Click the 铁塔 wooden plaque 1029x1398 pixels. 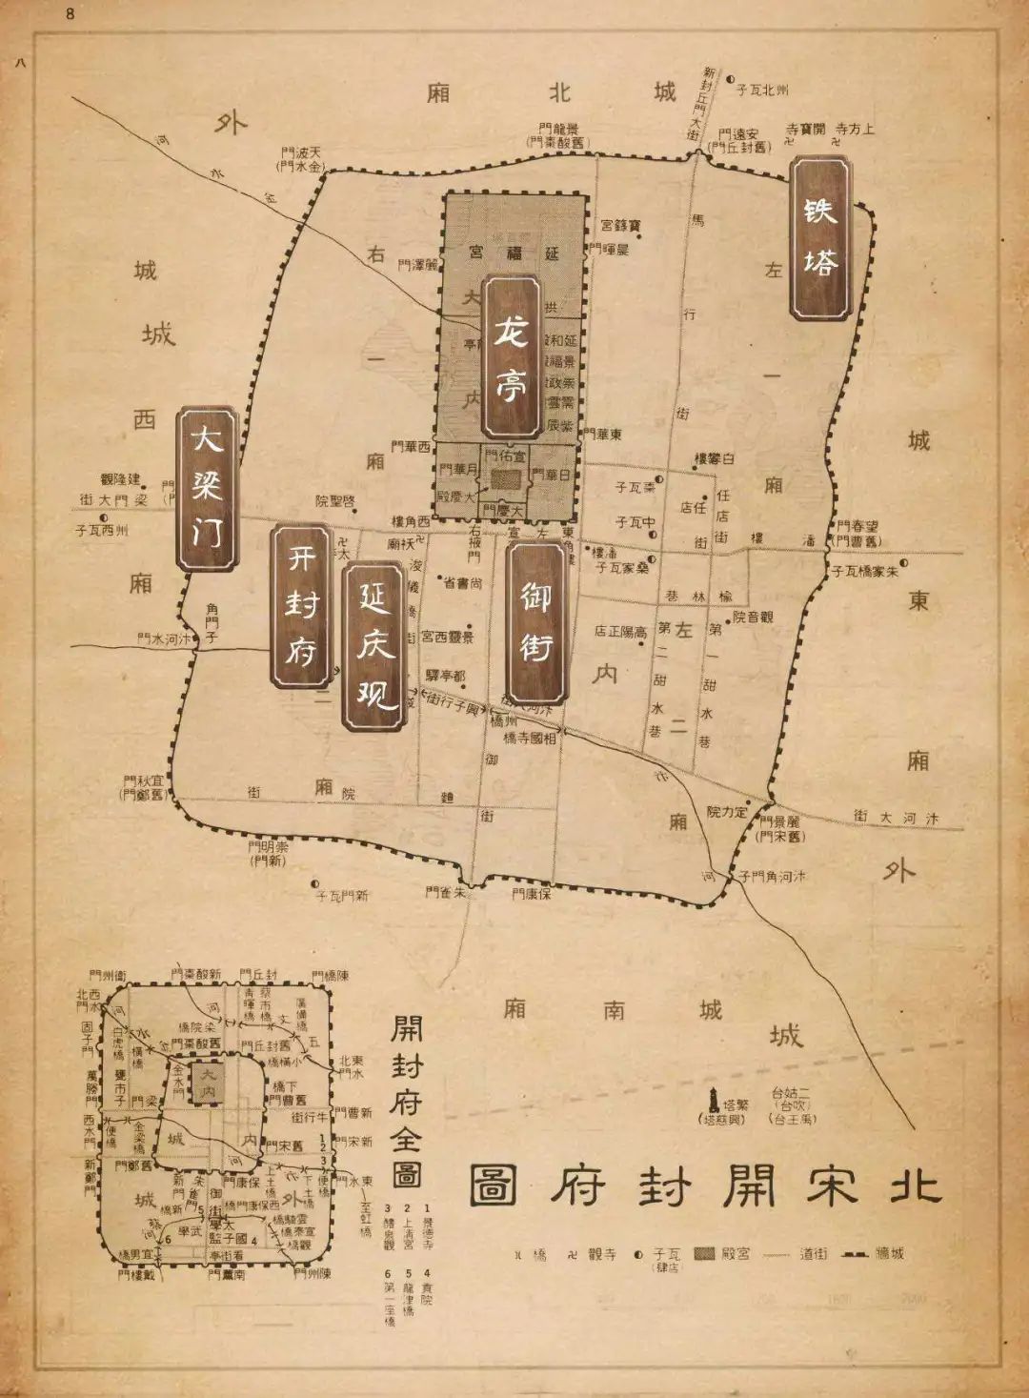820,238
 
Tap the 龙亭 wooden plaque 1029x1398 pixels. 512,357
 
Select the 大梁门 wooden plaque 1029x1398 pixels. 207,490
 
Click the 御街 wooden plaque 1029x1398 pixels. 536,621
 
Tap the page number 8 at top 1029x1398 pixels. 70,14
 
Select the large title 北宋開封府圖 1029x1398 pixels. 705,1185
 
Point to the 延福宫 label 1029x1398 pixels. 514,253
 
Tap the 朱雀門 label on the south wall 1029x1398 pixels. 445,893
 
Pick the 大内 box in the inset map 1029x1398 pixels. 206,1082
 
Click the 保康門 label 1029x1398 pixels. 531,894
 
